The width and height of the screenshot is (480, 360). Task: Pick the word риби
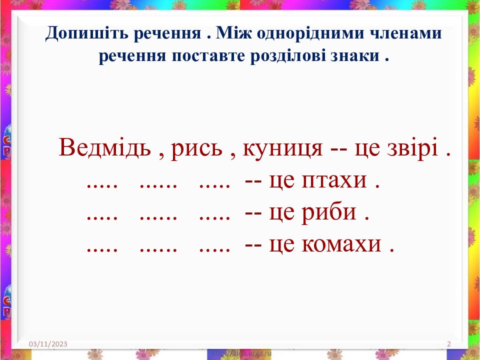[329, 214]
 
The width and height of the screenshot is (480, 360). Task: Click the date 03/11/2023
[48, 344]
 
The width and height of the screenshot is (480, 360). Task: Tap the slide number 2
[448, 344]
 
